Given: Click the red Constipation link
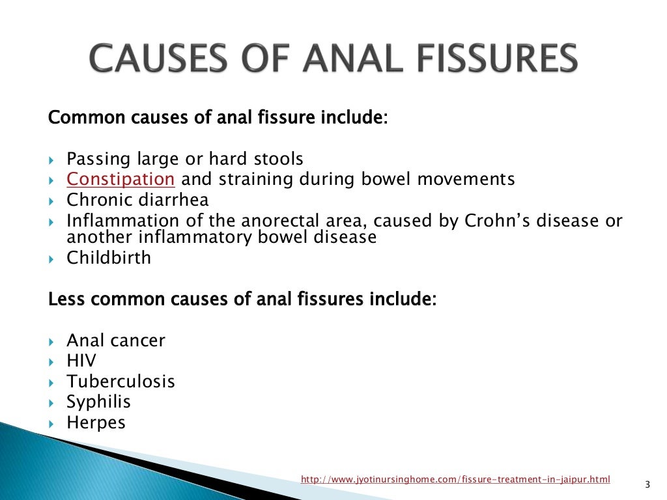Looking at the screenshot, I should pyautogui.click(x=121, y=179).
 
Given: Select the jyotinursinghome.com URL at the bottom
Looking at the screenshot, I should pyautogui.click(x=455, y=480).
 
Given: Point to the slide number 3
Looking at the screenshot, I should pyautogui.click(x=647, y=484).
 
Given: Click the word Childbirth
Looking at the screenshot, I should pyautogui.click(x=109, y=258).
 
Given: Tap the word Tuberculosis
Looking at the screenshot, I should pyautogui.click(x=121, y=381).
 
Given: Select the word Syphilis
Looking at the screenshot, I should pyautogui.click(x=98, y=402).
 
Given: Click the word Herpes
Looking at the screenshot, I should pyautogui.click(x=96, y=423).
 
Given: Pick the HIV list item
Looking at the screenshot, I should pyautogui.click(x=81, y=360).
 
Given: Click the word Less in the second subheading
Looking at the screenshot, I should pyautogui.click(x=64, y=300).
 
